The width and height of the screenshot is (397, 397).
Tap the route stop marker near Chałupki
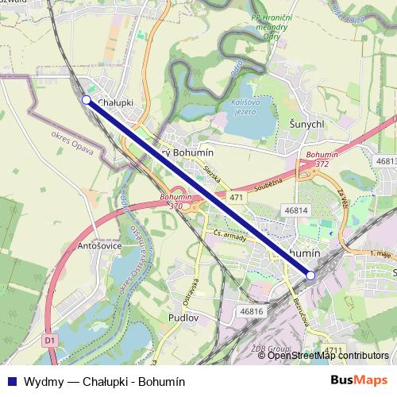point(86,100)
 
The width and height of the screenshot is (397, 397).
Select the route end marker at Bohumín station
point(310,275)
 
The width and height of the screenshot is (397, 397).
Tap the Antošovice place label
point(99,245)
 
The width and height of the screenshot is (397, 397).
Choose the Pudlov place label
point(183,317)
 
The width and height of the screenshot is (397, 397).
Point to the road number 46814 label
point(295,210)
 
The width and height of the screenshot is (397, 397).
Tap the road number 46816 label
point(251,312)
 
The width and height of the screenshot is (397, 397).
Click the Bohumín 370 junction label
point(171,201)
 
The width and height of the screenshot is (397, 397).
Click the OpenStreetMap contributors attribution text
point(328,356)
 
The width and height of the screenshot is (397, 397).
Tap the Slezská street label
point(210,174)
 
